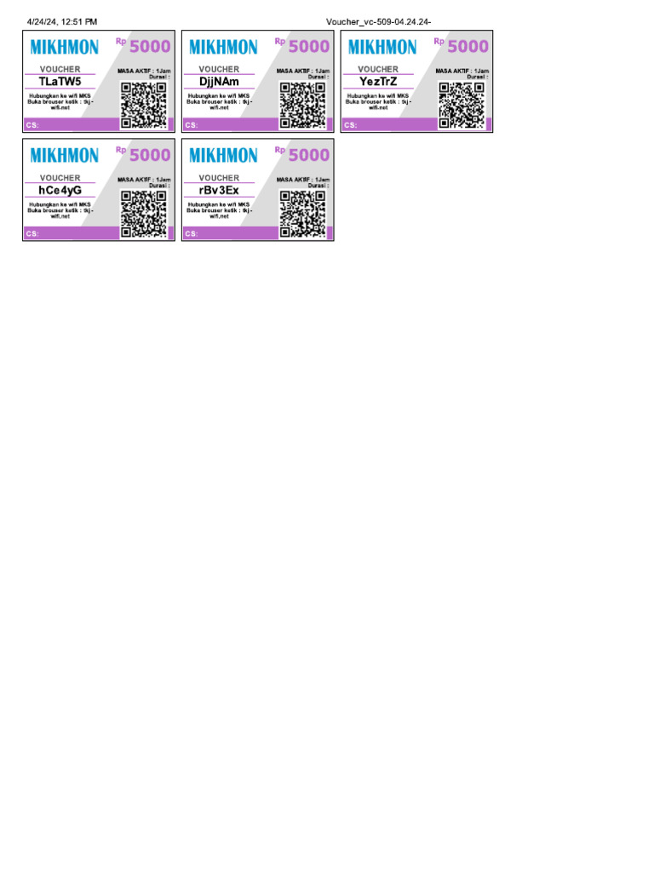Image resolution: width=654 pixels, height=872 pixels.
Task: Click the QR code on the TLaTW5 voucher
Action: pos(144,105)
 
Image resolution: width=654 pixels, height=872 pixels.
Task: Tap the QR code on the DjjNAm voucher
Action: pos(303,105)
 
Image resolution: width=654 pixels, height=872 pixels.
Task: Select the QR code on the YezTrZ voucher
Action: pos(462,105)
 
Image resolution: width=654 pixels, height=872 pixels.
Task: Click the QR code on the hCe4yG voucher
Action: pos(144,214)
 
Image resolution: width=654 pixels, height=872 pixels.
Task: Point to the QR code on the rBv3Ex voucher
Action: pos(303,214)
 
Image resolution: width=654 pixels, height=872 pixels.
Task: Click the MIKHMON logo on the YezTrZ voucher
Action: pos(382,47)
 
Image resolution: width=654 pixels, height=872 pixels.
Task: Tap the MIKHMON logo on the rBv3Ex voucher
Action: pos(223,155)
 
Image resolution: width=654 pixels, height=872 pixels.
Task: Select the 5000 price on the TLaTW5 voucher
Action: pos(150,46)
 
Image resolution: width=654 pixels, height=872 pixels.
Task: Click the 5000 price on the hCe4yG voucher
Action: pos(150,155)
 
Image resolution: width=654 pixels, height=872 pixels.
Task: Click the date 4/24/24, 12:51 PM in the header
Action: pos(62,21)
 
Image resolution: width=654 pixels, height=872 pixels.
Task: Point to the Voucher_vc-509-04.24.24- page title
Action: pos(384,21)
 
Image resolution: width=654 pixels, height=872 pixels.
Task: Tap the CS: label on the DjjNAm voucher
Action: pos(191,125)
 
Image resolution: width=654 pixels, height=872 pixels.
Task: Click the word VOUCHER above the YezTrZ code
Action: pos(378,69)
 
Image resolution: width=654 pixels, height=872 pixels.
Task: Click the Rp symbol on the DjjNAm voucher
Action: pos(279,40)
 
